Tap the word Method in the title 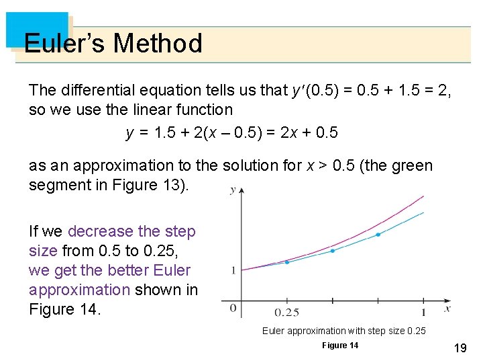(x=158, y=44)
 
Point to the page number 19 (x=460, y=348)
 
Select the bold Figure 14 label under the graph (x=340, y=346)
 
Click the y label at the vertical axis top (x=233, y=190)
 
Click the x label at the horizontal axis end (x=447, y=309)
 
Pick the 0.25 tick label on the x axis (x=287, y=313)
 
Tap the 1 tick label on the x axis (x=423, y=313)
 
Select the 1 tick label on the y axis (x=233, y=270)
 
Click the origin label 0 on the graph (x=233, y=309)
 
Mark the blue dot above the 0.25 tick (x=287, y=262)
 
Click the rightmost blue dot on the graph (x=378, y=235)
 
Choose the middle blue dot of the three (x=333, y=250)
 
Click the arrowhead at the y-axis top (x=241, y=191)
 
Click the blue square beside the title (x=37, y=30)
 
